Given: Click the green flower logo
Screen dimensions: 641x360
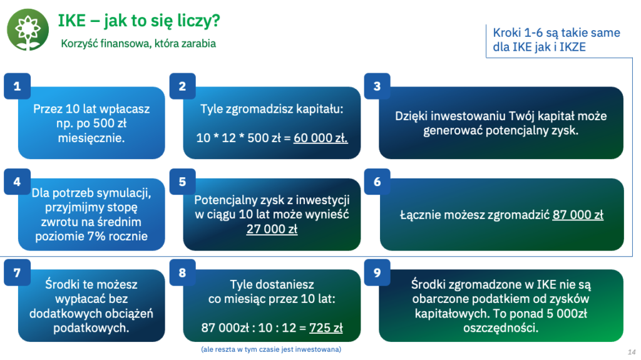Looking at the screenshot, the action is point(28,29).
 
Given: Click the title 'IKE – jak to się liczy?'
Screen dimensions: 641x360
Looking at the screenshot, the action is point(139,21).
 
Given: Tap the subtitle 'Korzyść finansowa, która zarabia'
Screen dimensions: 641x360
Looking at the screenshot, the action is point(138,43).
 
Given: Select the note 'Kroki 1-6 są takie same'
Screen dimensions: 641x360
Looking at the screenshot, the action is point(556,33).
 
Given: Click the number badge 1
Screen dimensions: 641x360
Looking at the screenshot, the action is point(17,86).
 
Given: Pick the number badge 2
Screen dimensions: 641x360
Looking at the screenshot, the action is point(182,86).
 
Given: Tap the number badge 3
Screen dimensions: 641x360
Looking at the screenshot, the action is point(377,86).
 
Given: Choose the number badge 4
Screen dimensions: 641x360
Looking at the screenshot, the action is point(17,182).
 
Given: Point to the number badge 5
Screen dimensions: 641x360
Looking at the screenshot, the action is point(182,182).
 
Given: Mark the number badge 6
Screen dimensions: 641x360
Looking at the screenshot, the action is point(377,182).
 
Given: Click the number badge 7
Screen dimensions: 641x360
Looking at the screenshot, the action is point(17,272).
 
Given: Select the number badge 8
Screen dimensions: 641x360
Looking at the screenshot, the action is point(182,272).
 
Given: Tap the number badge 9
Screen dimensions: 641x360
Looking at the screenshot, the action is point(377,272).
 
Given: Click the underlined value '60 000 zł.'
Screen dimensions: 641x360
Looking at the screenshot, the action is point(320,138).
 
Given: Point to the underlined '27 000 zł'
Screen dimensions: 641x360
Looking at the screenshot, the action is point(272,229).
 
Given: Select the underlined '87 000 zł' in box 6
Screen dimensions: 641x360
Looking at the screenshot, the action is point(578,215).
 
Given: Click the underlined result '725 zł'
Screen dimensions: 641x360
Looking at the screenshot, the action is point(326,327).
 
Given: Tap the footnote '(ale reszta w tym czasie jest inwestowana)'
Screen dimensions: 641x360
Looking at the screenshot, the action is point(271,349).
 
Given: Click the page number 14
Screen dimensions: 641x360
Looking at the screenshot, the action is point(632,352).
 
